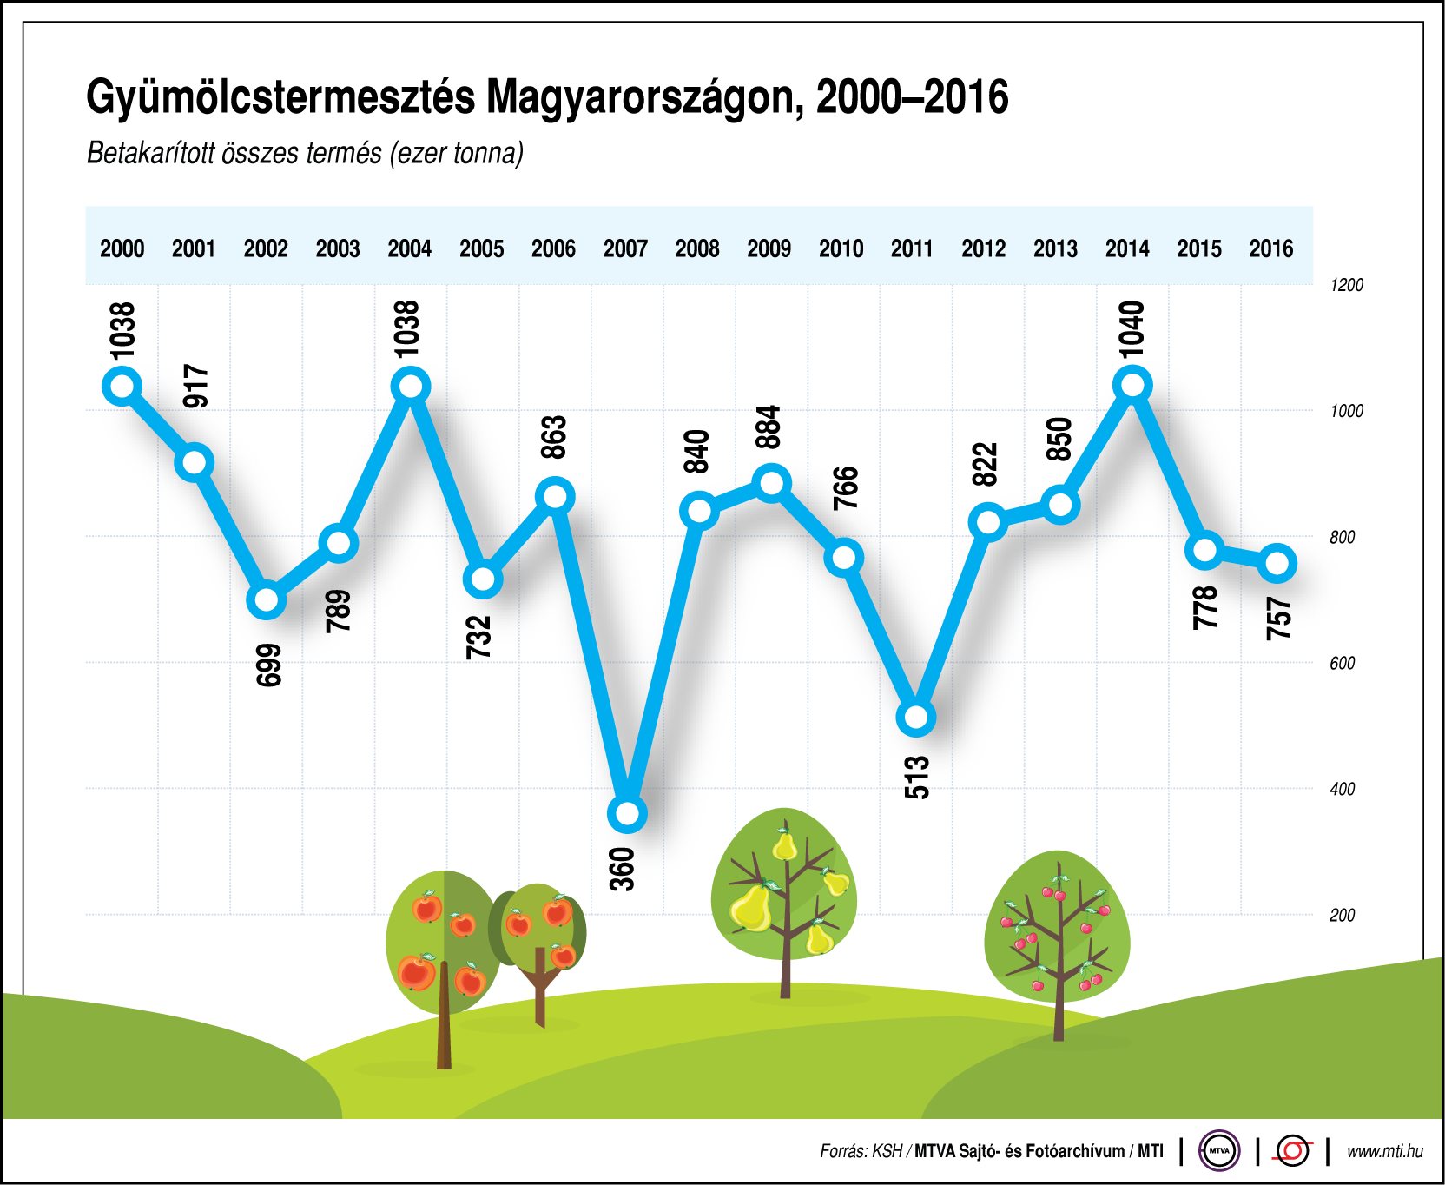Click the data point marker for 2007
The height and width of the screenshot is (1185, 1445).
(627, 814)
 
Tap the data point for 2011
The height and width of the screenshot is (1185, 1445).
(916, 718)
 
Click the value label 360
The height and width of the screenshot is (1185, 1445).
(623, 869)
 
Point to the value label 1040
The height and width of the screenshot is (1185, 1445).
(1131, 329)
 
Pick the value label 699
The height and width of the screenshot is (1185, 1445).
(269, 665)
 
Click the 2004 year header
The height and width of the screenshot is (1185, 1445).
(409, 248)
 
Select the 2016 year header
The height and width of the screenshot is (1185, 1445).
(1270, 248)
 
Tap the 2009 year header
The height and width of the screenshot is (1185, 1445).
(769, 248)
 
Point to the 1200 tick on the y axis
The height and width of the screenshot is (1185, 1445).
(1346, 285)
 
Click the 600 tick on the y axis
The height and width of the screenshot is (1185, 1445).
(1342, 663)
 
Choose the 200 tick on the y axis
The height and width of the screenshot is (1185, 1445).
(1342, 915)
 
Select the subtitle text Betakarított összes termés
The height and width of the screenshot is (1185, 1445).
(234, 154)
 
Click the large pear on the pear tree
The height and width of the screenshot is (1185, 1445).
(750, 909)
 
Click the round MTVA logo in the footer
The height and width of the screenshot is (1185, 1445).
(1218, 1151)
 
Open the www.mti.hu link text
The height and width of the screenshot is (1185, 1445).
(1384, 1151)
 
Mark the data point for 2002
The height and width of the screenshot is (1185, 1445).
(267, 600)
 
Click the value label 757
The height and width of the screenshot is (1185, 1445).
(1278, 619)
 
